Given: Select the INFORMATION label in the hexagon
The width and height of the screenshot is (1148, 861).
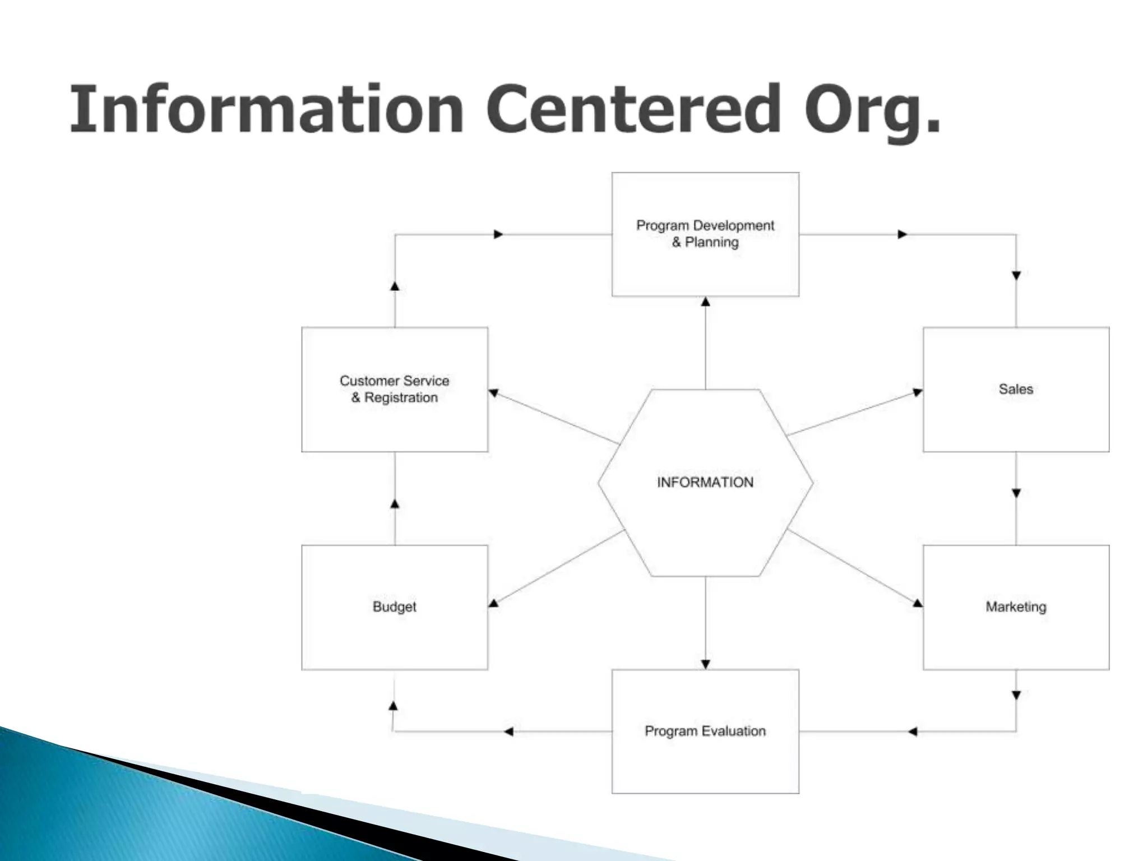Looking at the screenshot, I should [x=705, y=482].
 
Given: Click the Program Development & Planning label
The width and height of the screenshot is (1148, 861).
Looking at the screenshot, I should [x=705, y=234].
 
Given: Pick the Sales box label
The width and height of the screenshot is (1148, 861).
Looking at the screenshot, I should [x=1016, y=389].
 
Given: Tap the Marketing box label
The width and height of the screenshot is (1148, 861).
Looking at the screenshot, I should [x=1016, y=607].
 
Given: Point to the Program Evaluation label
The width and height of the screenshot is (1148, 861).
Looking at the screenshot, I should [x=705, y=731].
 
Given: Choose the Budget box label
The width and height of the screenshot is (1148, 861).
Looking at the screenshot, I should [x=395, y=607].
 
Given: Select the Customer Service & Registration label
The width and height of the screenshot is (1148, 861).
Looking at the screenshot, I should [x=395, y=389].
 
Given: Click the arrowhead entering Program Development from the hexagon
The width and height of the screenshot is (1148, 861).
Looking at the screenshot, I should [x=706, y=302].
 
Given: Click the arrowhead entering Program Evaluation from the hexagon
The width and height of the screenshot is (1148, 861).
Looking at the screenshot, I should [x=706, y=664].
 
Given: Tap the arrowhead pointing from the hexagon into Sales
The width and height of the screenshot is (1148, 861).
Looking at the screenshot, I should [x=917, y=392].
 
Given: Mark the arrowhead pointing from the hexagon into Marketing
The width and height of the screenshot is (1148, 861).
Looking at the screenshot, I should [x=917, y=603].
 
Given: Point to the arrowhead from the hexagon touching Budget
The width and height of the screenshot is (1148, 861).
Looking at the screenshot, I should [x=494, y=603].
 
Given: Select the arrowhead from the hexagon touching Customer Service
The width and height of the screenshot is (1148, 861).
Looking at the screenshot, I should [x=494, y=393].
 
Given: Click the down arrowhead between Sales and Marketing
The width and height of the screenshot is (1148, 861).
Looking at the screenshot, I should [x=1016, y=493].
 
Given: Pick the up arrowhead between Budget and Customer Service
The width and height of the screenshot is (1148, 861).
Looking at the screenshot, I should [x=395, y=504].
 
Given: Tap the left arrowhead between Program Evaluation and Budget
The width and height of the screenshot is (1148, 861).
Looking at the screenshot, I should [x=508, y=732].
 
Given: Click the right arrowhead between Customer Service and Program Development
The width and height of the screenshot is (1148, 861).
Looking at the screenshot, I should [x=498, y=234].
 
